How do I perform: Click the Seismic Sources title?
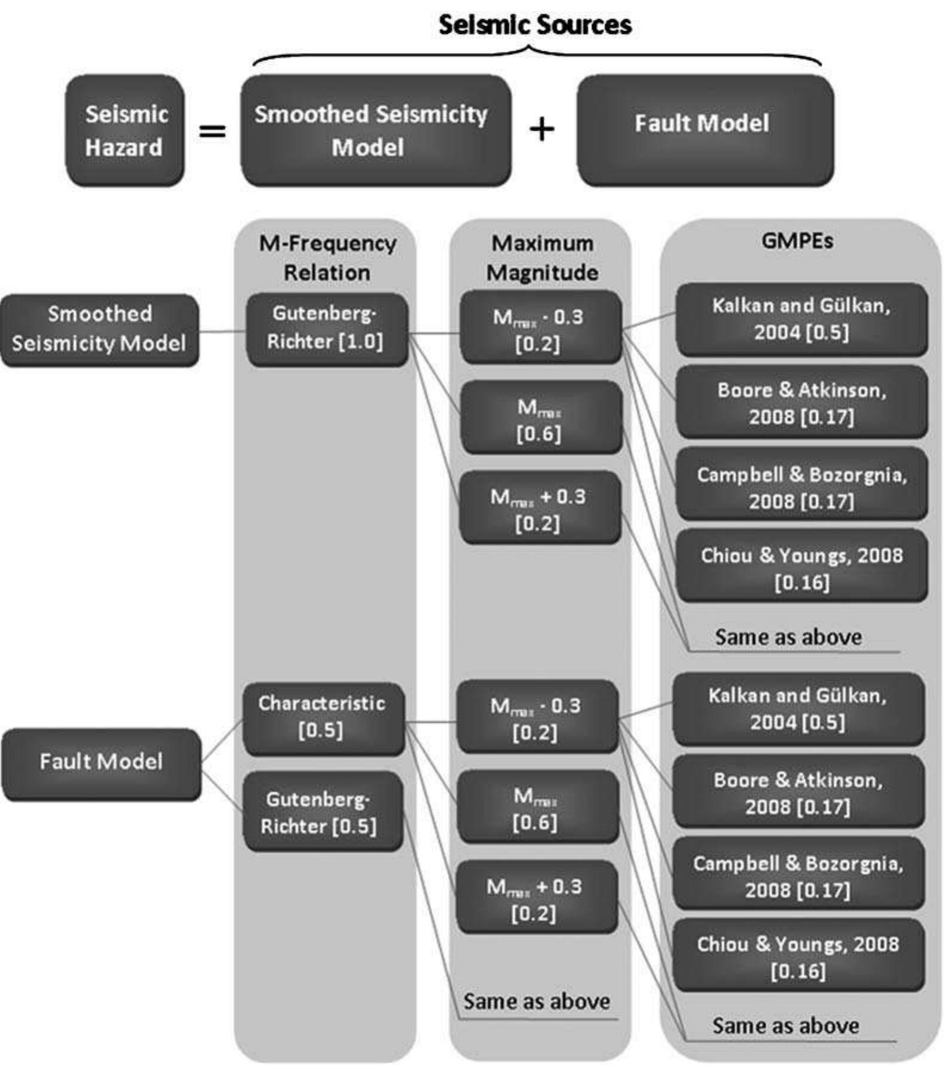point(535,25)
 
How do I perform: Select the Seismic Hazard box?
point(125,131)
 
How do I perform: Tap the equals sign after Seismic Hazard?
point(212,130)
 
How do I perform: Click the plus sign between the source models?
point(541,129)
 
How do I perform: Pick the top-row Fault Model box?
point(704,129)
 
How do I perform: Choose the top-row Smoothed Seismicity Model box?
point(376,131)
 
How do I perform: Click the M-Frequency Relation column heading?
point(327,258)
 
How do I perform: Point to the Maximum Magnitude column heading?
point(541,258)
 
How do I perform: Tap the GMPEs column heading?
point(797,241)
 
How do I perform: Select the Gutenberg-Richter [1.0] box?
point(327,329)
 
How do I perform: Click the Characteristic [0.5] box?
point(323,718)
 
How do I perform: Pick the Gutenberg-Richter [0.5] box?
point(323,812)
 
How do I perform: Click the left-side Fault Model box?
point(101,763)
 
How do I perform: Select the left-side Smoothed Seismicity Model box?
point(100,329)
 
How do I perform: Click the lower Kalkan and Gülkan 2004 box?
point(798,708)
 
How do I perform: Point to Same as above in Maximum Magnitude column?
point(537,1001)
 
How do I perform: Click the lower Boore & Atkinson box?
point(798,792)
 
